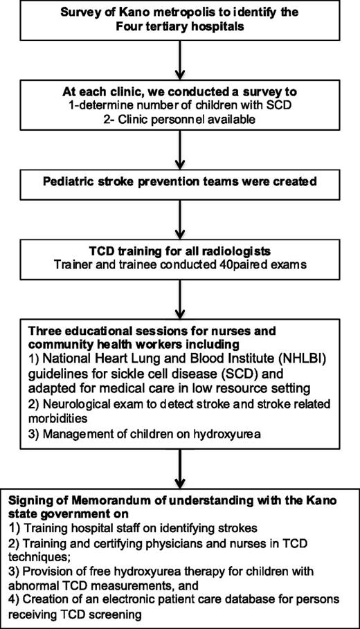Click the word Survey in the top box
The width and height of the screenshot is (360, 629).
80,12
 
